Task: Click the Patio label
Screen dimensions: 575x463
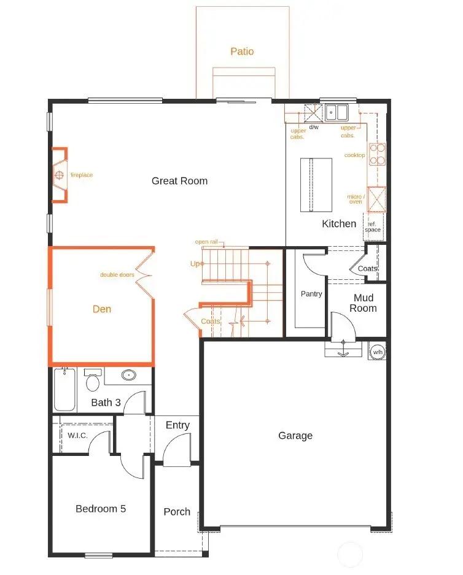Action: pyautogui.click(x=242, y=52)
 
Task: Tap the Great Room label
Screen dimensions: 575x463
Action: pyautogui.click(x=179, y=180)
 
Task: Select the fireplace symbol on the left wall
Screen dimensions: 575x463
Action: pyautogui.click(x=60, y=175)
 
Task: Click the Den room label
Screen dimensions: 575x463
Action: pyautogui.click(x=102, y=309)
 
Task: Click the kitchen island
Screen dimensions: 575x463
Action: pyautogui.click(x=316, y=183)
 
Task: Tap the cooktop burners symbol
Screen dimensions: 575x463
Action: pyautogui.click(x=377, y=155)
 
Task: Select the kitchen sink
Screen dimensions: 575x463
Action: pyautogui.click(x=337, y=112)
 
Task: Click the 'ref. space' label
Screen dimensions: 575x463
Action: pyautogui.click(x=373, y=226)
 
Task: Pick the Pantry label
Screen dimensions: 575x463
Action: pyautogui.click(x=311, y=294)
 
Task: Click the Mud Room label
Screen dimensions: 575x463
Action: pyautogui.click(x=364, y=303)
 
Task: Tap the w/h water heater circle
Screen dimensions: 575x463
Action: pyautogui.click(x=377, y=352)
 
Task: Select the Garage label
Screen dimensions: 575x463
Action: pyautogui.click(x=295, y=435)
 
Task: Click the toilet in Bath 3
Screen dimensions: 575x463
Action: pyautogui.click(x=93, y=381)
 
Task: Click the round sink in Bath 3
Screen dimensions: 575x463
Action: pyautogui.click(x=129, y=375)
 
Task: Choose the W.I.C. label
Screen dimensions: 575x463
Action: pyautogui.click(x=77, y=435)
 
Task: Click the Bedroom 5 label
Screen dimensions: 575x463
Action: pyautogui.click(x=101, y=508)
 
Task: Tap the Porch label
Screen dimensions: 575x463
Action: pyautogui.click(x=177, y=511)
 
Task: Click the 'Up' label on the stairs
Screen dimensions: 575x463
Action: pyautogui.click(x=195, y=263)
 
